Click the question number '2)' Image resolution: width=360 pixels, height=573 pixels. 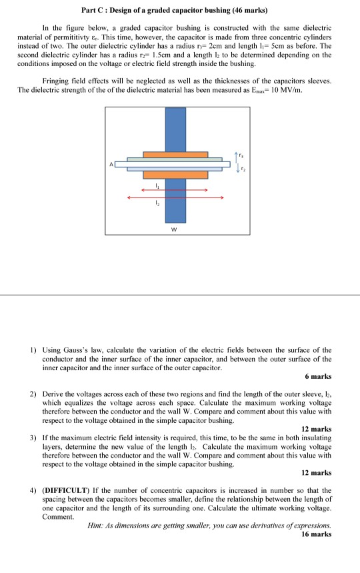click(33, 394)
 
